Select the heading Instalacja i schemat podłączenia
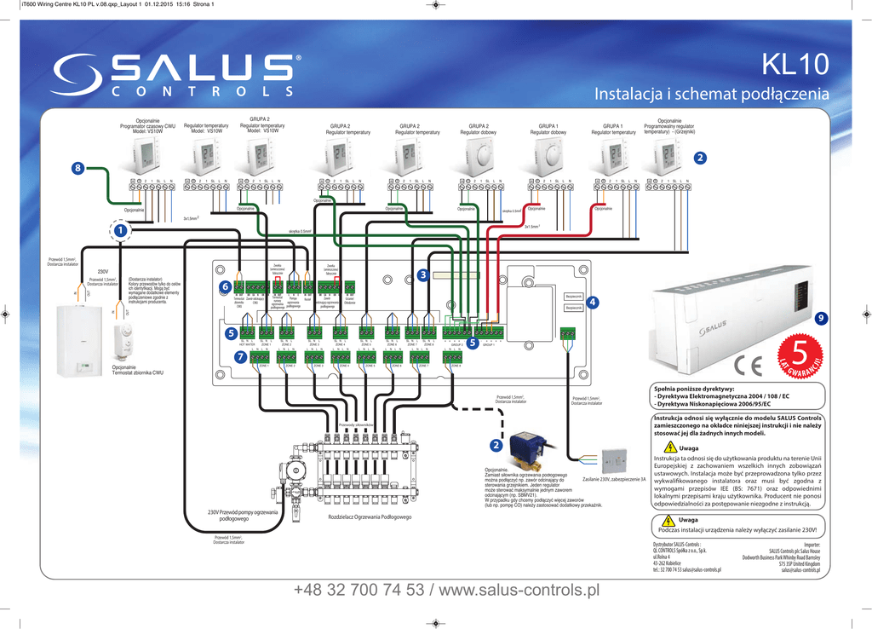point(710,94)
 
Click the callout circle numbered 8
point(78,169)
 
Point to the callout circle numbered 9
point(821,318)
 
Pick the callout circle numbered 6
point(225,286)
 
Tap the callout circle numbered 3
point(422,274)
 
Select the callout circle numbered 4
point(593,302)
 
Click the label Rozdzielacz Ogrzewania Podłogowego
point(370,517)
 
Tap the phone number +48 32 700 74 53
point(362,590)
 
